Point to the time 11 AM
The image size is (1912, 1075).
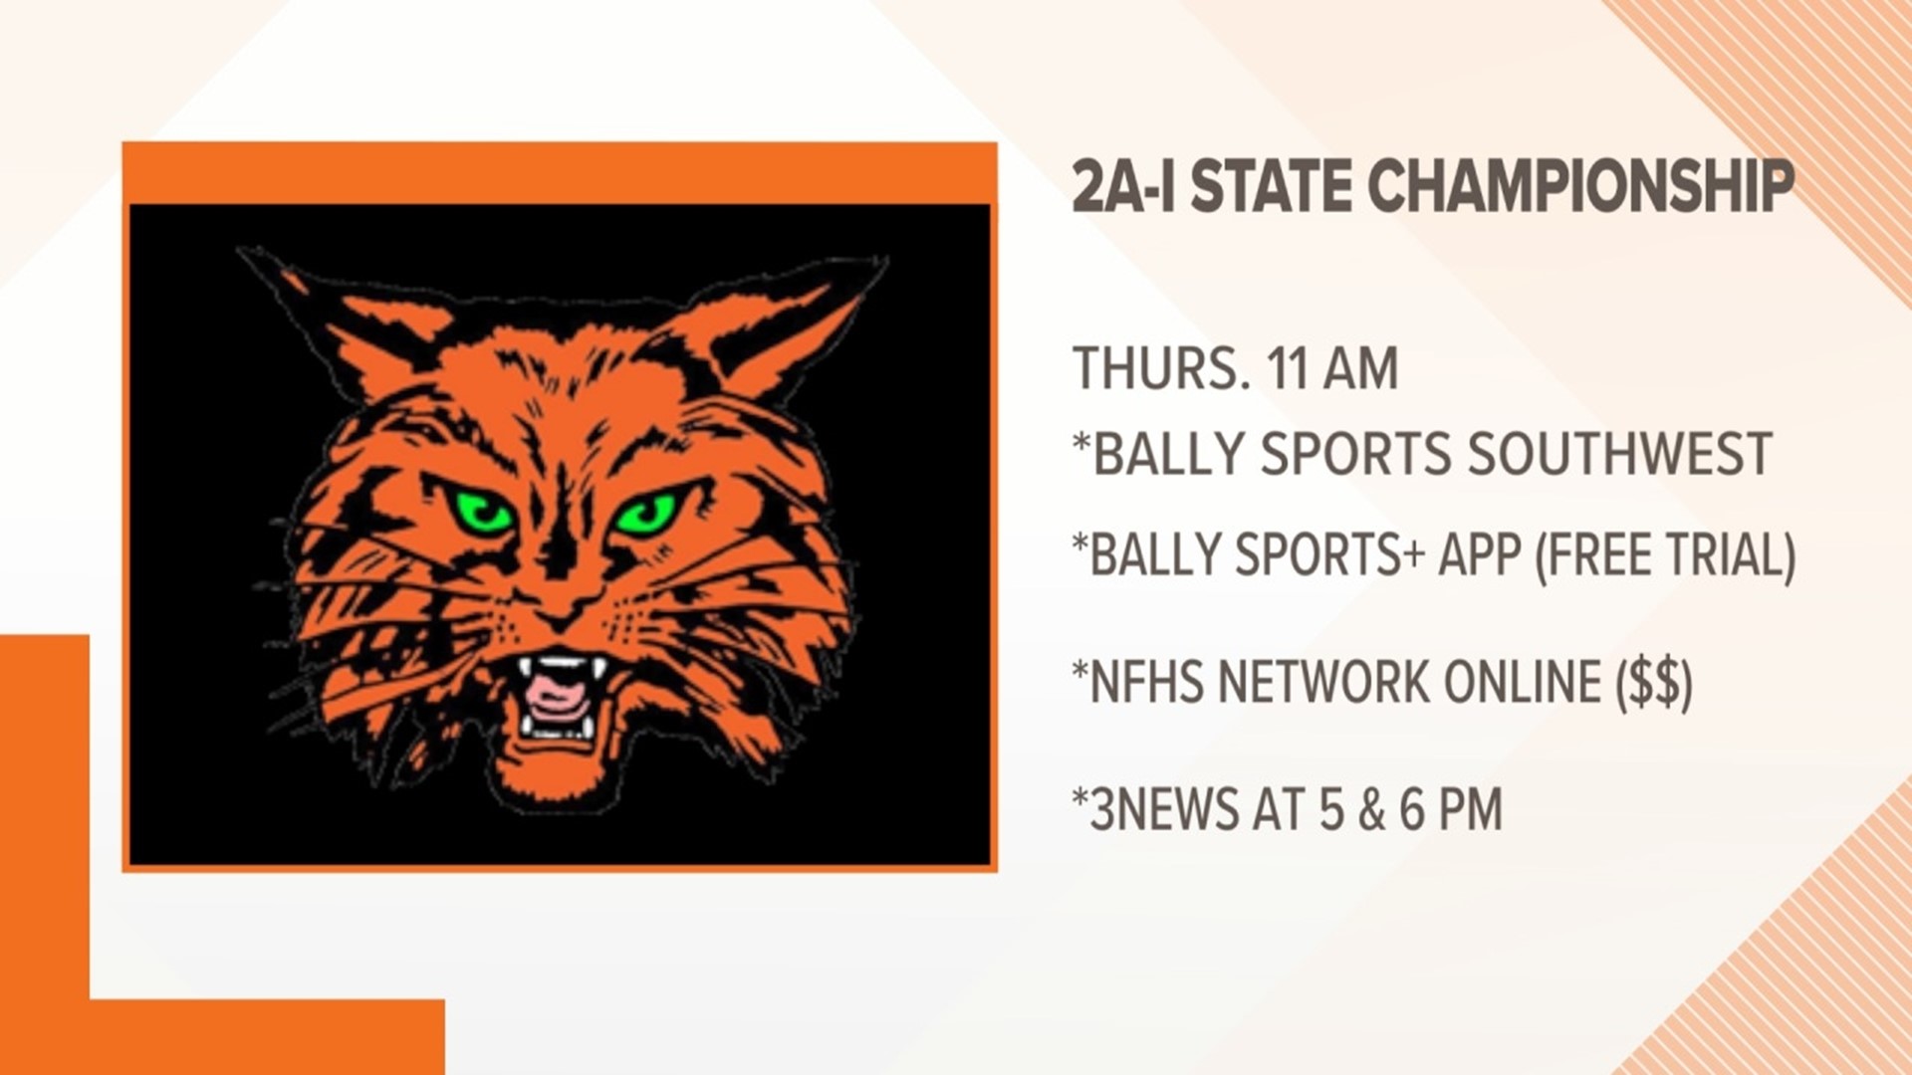(1332, 368)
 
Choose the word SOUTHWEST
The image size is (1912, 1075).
(1619, 454)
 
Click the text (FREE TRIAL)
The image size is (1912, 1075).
(1665, 554)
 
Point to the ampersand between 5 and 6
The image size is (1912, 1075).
(1374, 808)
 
